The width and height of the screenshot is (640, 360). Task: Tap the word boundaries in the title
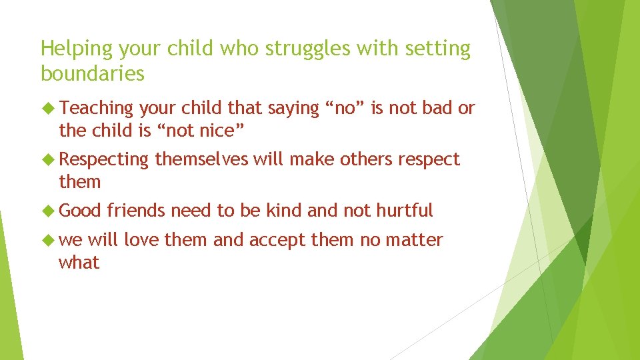point(92,73)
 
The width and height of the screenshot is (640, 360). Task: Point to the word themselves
point(201,159)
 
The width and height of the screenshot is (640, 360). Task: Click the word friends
point(136,211)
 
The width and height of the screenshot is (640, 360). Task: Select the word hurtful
point(404,211)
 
